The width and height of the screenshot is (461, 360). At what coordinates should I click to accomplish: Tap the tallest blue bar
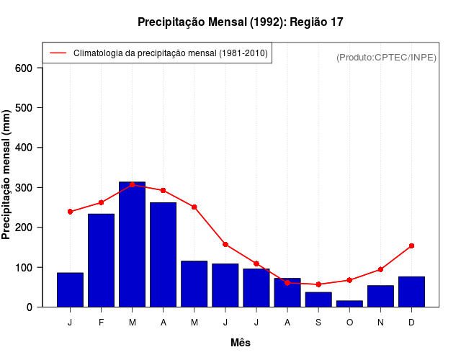pos(132,245)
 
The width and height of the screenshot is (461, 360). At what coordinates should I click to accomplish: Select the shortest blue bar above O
pos(349,304)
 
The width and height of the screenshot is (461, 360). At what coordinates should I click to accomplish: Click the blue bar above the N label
pos(380,296)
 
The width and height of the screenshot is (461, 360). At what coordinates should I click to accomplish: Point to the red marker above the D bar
pos(411,246)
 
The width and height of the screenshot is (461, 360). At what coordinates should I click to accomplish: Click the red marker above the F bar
pos(101,202)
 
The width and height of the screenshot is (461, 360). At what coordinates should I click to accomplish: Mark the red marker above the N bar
pos(380,269)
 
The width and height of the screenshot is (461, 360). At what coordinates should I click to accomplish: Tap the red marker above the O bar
pos(349,280)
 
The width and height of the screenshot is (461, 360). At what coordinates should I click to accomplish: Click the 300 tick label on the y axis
pos(24,188)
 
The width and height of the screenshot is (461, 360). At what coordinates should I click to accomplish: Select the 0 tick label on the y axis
pos(30,307)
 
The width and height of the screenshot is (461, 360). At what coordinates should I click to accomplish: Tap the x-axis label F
pos(101,323)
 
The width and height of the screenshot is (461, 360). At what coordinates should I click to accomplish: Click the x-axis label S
pos(318,323)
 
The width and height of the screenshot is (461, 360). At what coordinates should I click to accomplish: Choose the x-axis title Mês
pos(241,343)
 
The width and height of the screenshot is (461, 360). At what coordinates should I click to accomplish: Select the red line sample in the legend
pos(58,53)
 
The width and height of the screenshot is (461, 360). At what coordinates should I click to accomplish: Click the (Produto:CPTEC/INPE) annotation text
pos(386,58)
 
